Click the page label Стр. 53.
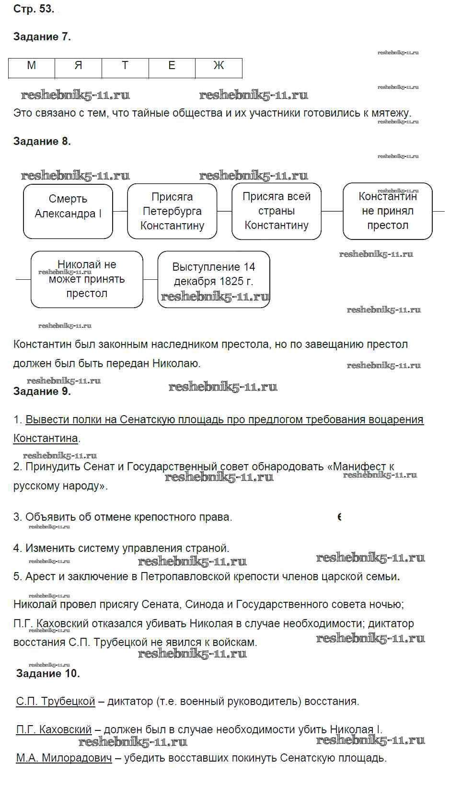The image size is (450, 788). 34,9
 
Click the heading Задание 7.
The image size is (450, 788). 42,37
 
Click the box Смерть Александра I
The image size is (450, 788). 68,211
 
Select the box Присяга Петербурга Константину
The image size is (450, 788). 172,211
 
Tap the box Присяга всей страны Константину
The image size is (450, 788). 277,211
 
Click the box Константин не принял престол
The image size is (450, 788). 387,211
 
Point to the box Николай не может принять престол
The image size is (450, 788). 87,279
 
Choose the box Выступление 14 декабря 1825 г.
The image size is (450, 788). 214,279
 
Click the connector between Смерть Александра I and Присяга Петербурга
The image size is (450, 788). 120,211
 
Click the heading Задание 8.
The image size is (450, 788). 42,142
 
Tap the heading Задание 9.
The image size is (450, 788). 42,392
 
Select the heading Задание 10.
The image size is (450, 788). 48,674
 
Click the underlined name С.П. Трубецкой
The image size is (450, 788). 56,702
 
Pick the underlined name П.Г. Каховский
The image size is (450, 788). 54,730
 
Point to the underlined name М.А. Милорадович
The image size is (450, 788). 64,758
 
